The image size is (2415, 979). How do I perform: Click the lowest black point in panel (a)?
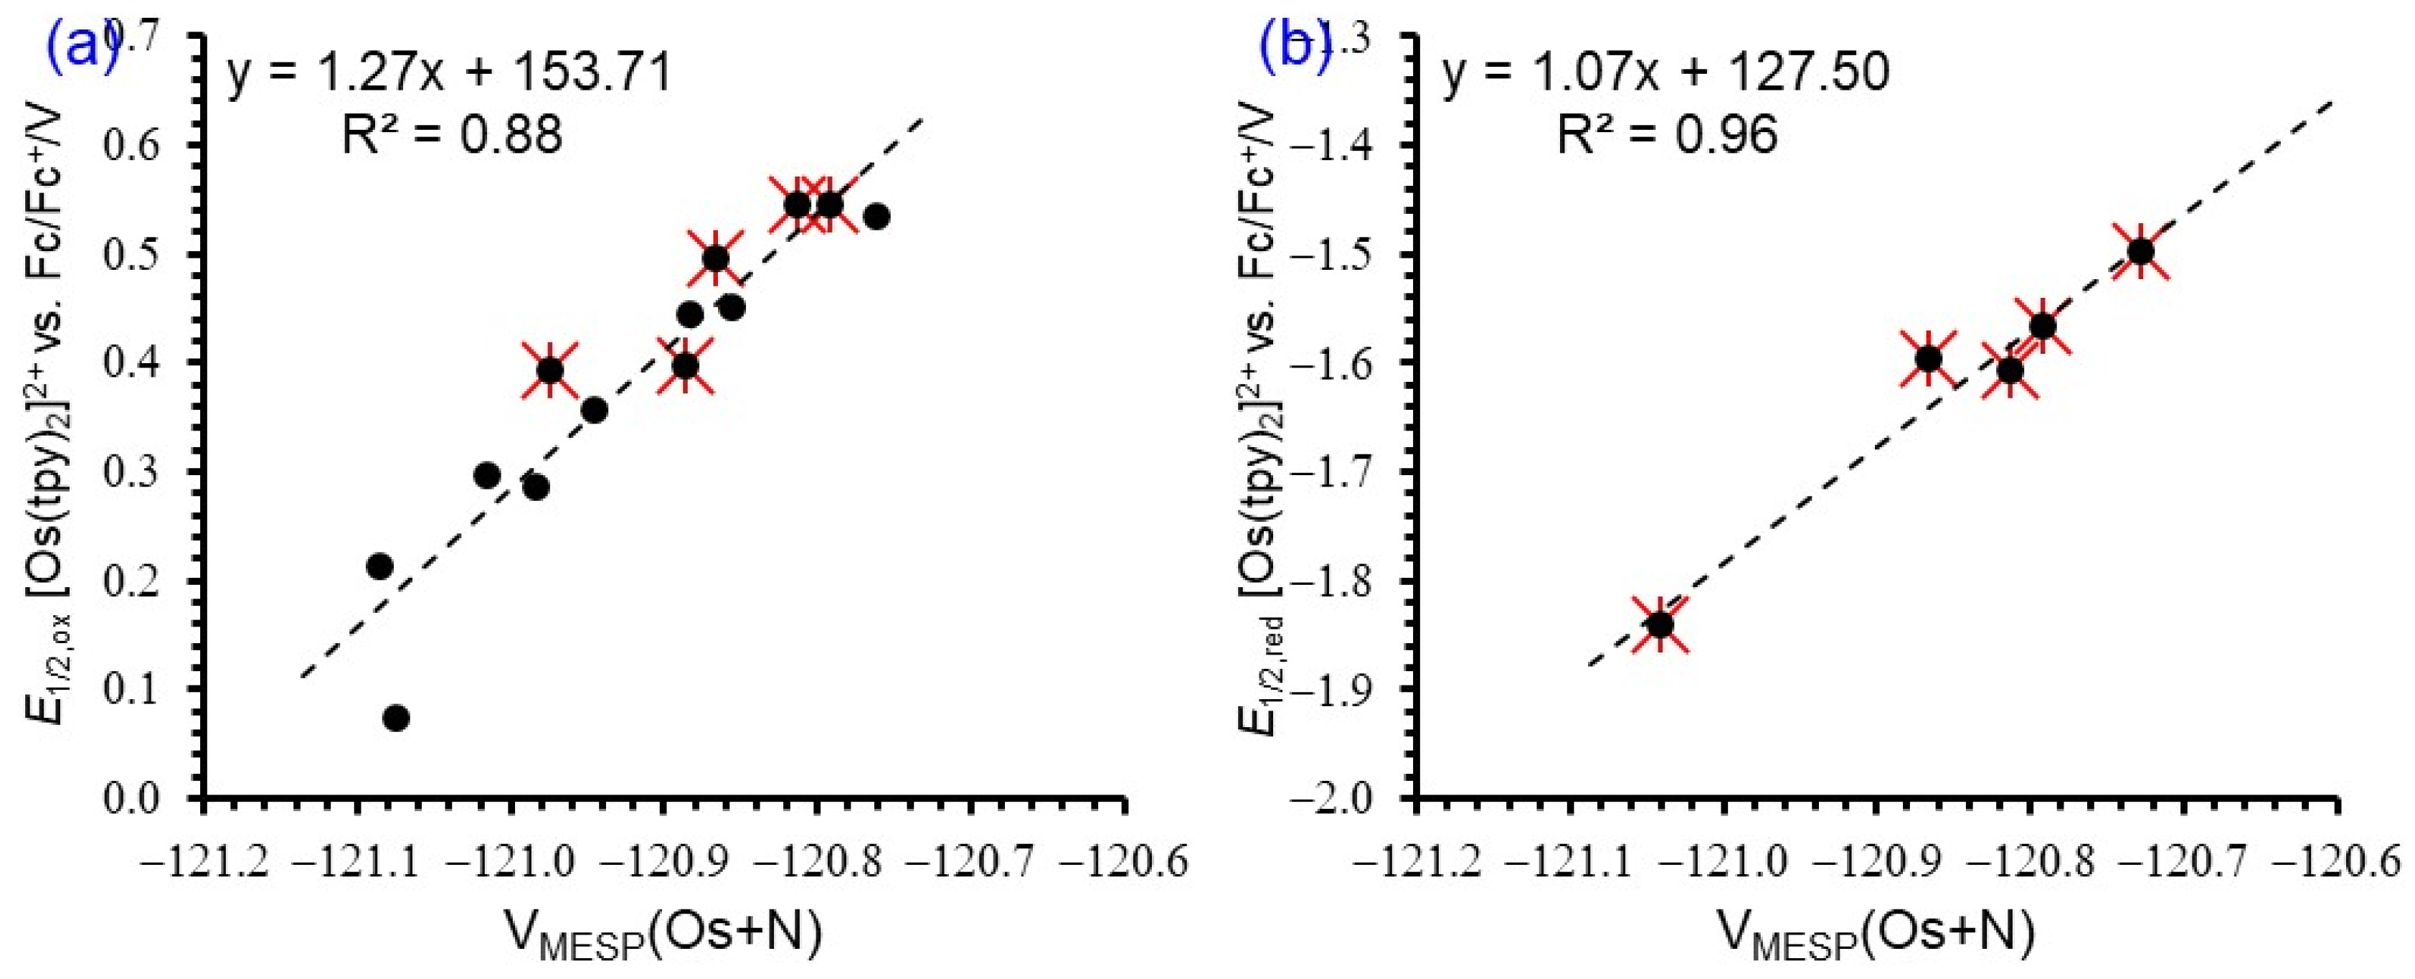tap(396, 718)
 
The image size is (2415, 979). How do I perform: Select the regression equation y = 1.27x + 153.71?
tap(450, 73)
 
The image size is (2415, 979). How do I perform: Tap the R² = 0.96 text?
tap(1667, 134)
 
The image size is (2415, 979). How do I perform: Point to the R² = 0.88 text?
tap(452, 134)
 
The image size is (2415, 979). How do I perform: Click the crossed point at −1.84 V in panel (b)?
tap(1660, 624)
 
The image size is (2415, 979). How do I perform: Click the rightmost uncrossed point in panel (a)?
tap(876, 217)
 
